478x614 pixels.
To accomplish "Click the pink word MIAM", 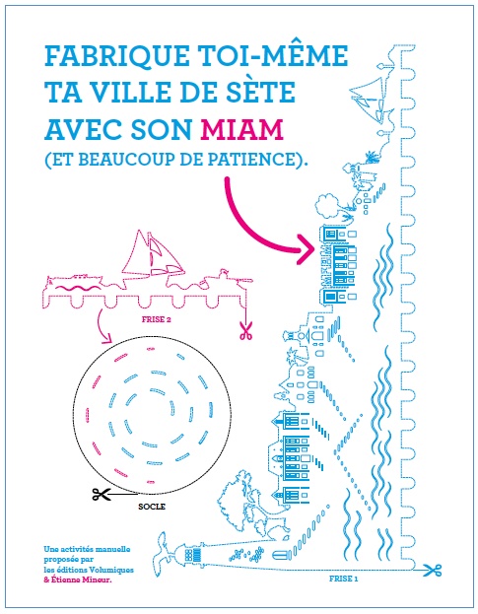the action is pos(241,129).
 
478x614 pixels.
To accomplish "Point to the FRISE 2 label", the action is pos(156,319).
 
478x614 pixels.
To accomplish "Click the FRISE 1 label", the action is pos(343,579).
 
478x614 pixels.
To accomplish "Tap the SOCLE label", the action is pos(152,507).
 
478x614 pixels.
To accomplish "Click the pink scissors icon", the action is pos(245,330).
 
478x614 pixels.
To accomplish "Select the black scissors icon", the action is pos(102,494).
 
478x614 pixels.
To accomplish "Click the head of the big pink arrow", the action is pos(307,249).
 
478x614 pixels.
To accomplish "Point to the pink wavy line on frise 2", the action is pos(80,288).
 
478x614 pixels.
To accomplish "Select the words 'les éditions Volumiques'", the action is pos(89,570).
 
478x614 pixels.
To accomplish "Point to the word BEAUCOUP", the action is pos(126,159).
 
